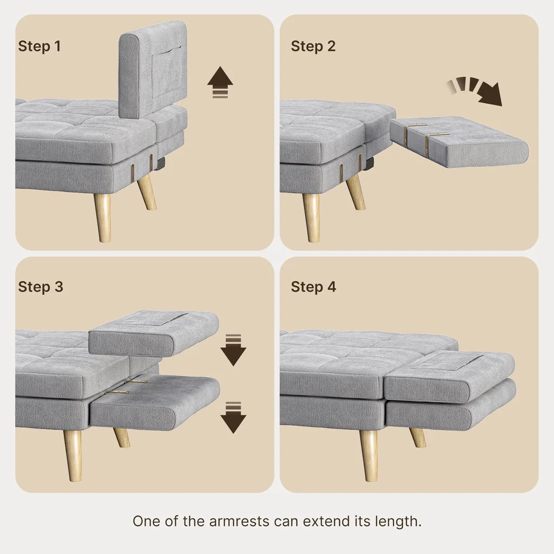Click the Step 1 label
click(39, 46)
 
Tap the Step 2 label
click(313, 46)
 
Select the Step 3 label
click(41, 286)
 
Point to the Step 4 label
click(313, 286)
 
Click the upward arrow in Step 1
click(220, 82)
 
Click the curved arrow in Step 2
click(476, 90)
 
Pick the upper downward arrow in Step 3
click(233, 350)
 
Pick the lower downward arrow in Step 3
click(233, 417)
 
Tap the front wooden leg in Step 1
click(102, 216)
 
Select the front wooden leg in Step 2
click(311, 216)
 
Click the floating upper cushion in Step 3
click(154, 332)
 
